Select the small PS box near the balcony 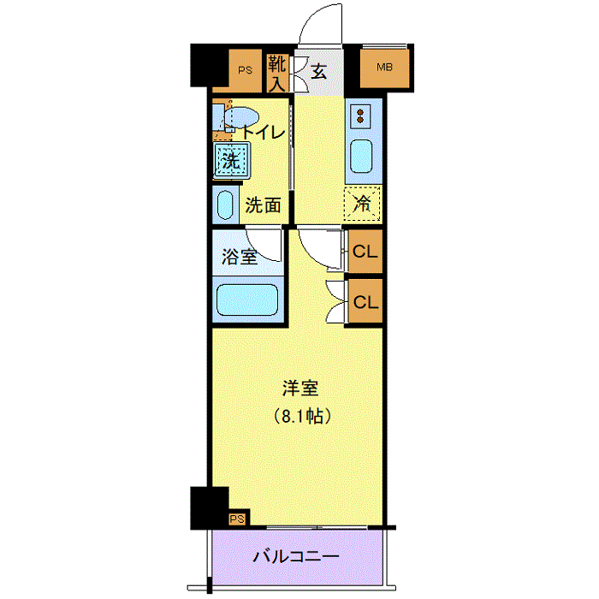coord(236,519)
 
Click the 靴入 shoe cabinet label coord(276,74)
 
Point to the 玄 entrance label coord(318,72)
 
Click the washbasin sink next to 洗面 coord(226,205)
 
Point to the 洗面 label coord(264,205)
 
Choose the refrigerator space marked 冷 coord(362,204)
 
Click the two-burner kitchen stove coord(361,115)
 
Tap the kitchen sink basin coord(361,156)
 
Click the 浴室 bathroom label coord(240,256)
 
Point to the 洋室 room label coord(301,388)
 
